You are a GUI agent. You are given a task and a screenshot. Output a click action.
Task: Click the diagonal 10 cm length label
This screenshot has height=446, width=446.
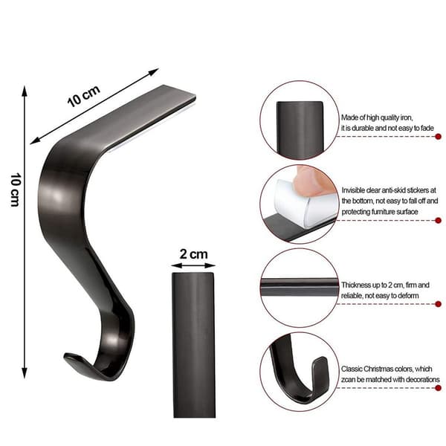click(83, 96)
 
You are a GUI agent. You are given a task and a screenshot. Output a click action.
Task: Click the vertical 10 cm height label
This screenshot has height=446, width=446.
click(16, 190)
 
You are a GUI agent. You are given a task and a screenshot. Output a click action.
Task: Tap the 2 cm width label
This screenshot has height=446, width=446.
click(194, 254)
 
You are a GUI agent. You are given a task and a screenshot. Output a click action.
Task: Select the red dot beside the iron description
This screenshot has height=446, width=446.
click(438, 137)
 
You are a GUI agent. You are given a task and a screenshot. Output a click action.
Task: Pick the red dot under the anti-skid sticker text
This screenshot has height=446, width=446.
click(438, 220)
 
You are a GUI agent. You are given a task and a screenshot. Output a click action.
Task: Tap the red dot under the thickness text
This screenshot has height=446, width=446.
click(438, 304)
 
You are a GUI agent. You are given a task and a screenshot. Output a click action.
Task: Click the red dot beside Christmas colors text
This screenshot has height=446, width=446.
click(438, 388)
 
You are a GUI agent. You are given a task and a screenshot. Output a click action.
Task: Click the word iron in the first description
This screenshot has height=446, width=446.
click(406, 117)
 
